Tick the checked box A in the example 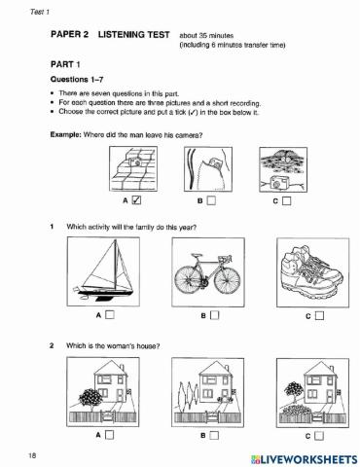click(136, 200)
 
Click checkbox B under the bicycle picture click(214, 315)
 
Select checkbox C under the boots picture click(319, 315)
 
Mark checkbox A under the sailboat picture click(110, 314)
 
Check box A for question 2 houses click(110, 435)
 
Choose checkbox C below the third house click(319, 436)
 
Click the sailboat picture click(103, 271)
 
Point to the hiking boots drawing click(311, 273)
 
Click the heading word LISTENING click(133, 34)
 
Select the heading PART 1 click(65, 64)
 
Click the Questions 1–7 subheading click(77, 79)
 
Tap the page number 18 click(32, 455)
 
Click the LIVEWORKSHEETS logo click(304, 459)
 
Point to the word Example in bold click(65, 134)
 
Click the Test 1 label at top click(40, 12)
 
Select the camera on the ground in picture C click(277, 182)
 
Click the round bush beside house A click(90, 397)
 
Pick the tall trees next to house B click(189, 393)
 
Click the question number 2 click(52, 345)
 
